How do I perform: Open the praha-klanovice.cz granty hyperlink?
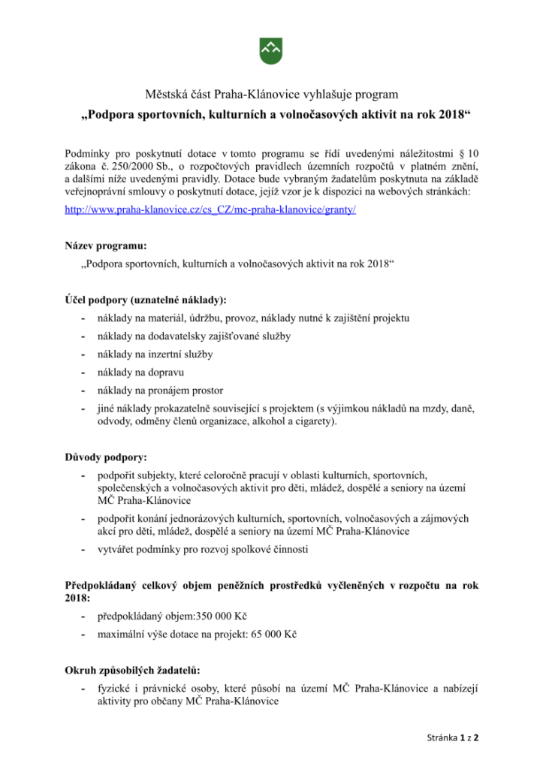[210, 211]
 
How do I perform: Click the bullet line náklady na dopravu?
[140, 372]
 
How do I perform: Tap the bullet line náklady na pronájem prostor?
[160, 390]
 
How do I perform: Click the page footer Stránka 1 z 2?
[449, 737]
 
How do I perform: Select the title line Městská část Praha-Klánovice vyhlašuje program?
[271, 95]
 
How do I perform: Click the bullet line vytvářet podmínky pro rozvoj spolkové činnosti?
[203, 549]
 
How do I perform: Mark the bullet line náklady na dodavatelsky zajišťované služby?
[194, 336]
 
